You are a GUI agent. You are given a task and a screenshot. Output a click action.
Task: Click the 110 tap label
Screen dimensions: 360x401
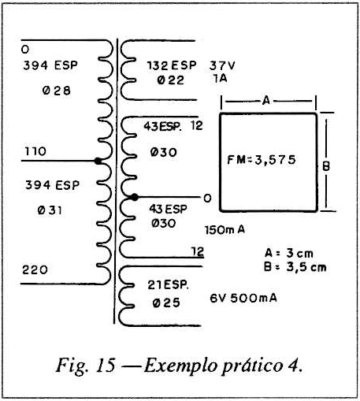coord(35,151)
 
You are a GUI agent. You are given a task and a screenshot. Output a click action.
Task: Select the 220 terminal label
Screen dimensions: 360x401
coord(35,269)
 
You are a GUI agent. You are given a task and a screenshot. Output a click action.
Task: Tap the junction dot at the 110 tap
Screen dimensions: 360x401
coord(98,161)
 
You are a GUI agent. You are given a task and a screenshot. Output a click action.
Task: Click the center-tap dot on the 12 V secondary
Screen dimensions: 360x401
coord(134,197)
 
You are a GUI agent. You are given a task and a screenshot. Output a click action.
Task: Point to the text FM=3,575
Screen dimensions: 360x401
coord(262,160)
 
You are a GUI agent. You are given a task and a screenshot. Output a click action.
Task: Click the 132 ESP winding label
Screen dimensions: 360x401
coord(172,65)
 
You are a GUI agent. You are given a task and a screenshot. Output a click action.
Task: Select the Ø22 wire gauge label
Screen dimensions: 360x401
coord(171,80)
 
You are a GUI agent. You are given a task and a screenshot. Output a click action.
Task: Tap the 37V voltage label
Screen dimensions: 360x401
coord(222,65)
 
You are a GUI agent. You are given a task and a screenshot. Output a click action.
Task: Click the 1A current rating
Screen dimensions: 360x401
coord(220,78)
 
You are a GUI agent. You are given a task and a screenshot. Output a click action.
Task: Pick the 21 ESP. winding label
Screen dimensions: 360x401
coord(168,285)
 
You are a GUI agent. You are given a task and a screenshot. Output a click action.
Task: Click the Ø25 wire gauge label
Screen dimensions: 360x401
coord(166,303)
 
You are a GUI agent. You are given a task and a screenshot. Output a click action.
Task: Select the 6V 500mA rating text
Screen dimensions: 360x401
coord(243,298)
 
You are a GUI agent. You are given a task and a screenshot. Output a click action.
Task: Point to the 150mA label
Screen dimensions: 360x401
coord(225,230)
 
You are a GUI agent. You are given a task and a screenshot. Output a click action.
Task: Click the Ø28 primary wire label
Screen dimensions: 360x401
coord(57,91)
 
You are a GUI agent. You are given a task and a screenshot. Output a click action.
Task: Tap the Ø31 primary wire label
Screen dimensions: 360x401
coord(50,210)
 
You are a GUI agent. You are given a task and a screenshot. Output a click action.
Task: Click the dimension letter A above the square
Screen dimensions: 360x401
coord(266,100)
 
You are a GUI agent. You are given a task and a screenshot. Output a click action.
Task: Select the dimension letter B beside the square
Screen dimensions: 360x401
coord(326,166)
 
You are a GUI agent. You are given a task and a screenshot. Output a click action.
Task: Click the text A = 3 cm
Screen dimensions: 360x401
coord(289,254)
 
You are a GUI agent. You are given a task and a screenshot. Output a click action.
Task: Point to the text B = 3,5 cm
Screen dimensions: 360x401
coord(295,267)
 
